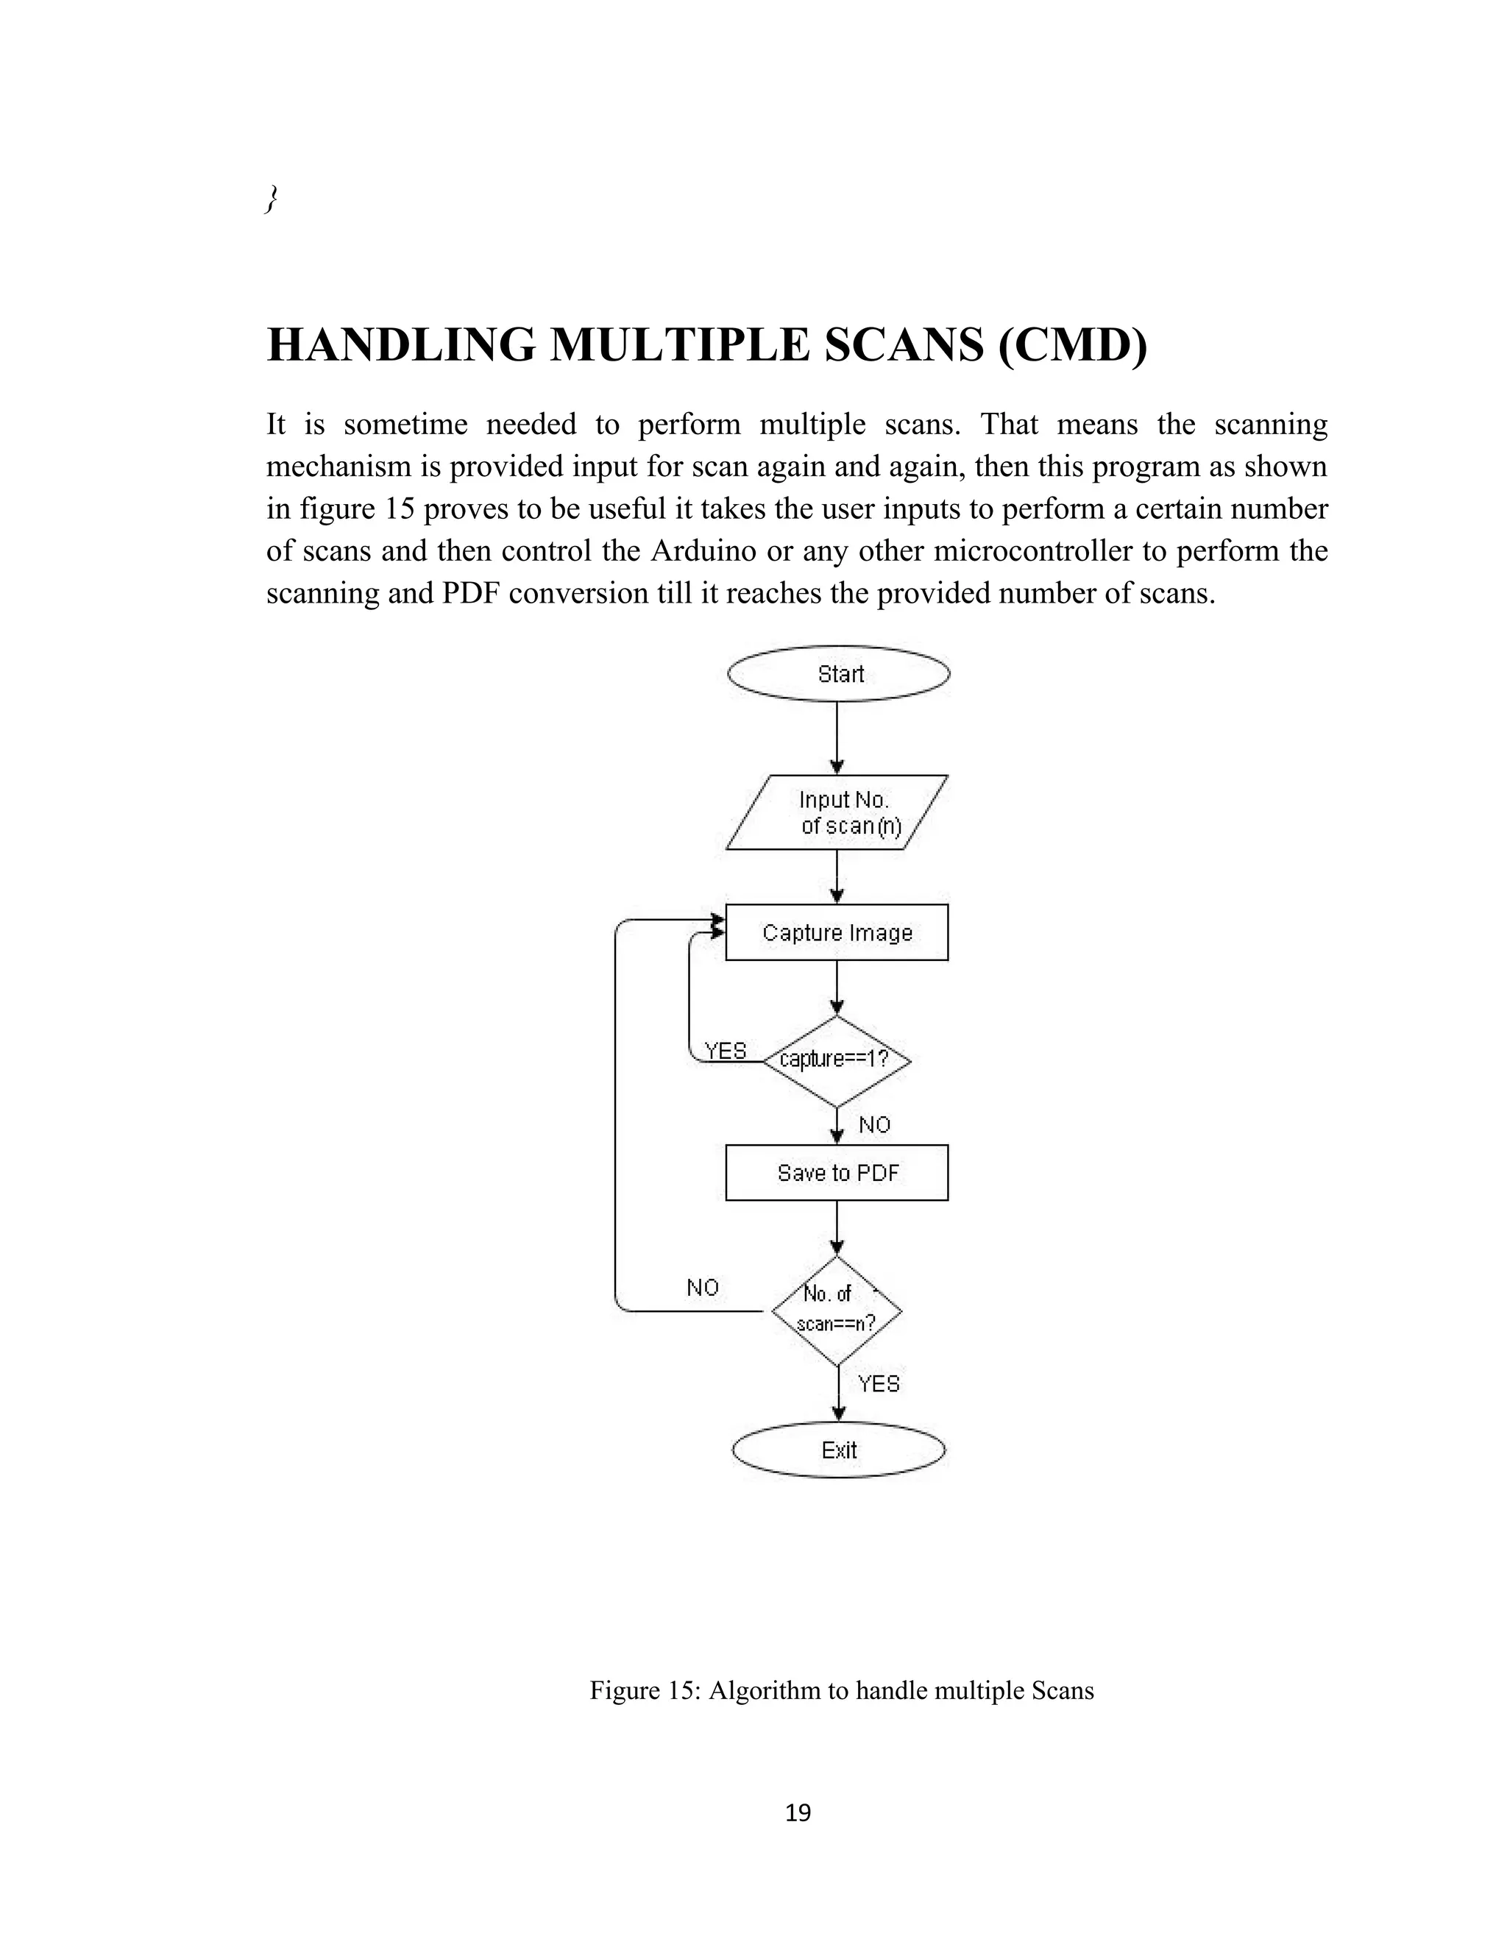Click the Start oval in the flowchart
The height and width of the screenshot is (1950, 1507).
coord(838,674)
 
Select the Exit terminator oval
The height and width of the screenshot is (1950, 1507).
coord(838,1450)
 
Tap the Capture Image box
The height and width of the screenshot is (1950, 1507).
coord(837,933)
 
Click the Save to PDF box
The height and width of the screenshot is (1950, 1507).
coord(837,1172)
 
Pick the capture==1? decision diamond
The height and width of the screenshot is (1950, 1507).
coord(837,1060)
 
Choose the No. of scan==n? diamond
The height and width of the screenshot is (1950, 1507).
coord(837,1311)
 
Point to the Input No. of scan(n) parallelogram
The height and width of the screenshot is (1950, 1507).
coord(837,812)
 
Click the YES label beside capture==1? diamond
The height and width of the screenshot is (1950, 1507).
coord(725,1051)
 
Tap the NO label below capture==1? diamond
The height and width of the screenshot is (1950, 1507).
coord(875,1125)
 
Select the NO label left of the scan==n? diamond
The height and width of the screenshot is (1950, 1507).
coord(703,1288)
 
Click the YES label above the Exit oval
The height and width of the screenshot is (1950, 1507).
coord(879,1384)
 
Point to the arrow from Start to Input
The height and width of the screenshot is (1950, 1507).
coord(837,737)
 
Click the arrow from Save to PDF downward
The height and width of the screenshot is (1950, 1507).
coord(837,1227)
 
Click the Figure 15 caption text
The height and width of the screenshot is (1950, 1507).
coord(841,1690)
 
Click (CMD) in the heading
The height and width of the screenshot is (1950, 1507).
coord(1072,346)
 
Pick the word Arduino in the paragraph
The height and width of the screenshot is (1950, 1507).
coord(699,551)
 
